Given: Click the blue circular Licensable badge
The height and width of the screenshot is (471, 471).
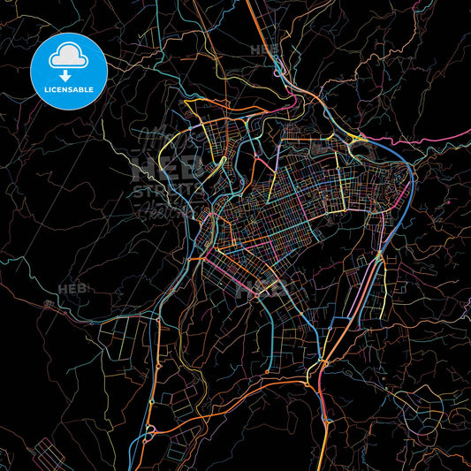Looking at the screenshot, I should [x=68, y=71].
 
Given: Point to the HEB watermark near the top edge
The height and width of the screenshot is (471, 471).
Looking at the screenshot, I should [x=264, y=50].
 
